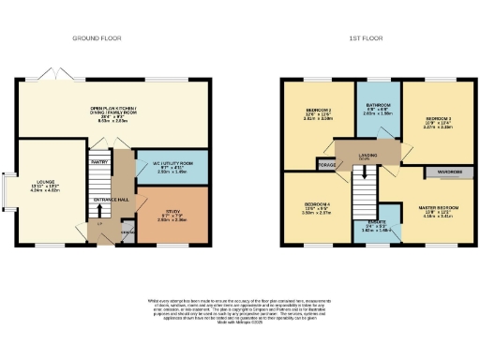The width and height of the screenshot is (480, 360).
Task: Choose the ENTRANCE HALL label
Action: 112,199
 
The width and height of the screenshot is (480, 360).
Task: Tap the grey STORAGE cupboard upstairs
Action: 326,165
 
